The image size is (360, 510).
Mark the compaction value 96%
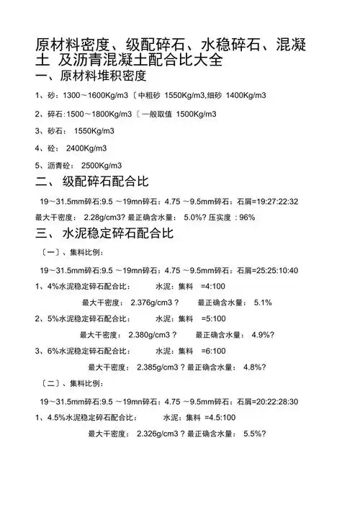247,217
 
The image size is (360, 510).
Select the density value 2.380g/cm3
150,334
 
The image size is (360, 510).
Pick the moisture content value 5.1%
263,303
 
